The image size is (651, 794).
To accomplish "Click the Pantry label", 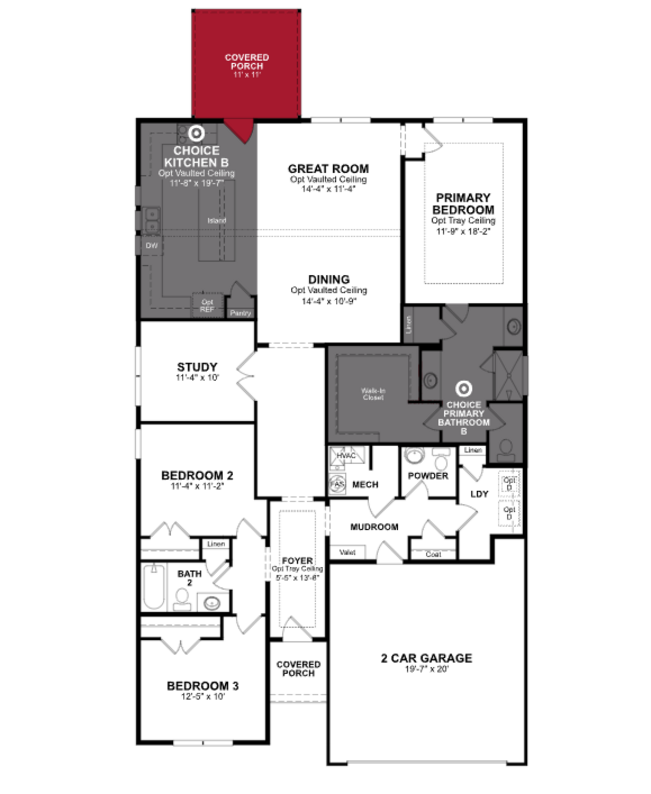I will (240, 313).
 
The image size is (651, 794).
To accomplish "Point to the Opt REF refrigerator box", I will (207, 305).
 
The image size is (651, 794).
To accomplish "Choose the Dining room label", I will (329, 279).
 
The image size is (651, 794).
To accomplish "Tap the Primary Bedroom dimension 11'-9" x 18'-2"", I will (463, 231).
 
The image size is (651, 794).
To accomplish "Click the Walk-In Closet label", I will (373, 394).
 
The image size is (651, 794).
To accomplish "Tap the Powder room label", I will (428, 476).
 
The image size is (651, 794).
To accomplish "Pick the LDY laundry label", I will (479, 494).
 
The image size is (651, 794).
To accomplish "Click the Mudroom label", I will (374, 527).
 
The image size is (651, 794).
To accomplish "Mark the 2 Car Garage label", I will (426, 658).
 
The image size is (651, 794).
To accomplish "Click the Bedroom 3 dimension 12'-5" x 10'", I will (203, 697).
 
